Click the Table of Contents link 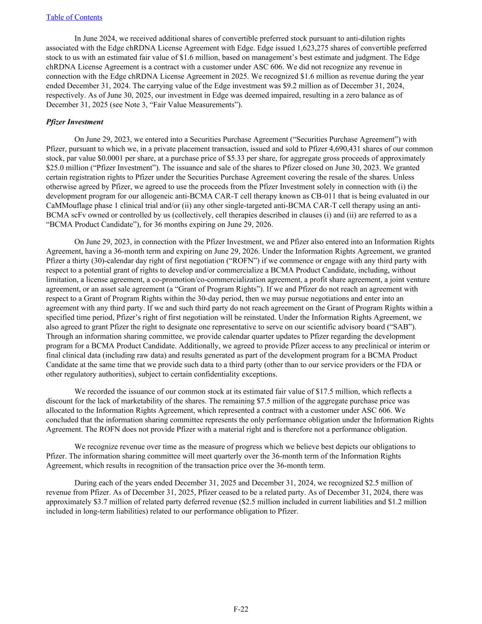[x=74, y=17]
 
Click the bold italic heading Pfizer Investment [x=74, y=122]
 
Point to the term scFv [x=76, y=215]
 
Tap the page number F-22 [x=241, y=609]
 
